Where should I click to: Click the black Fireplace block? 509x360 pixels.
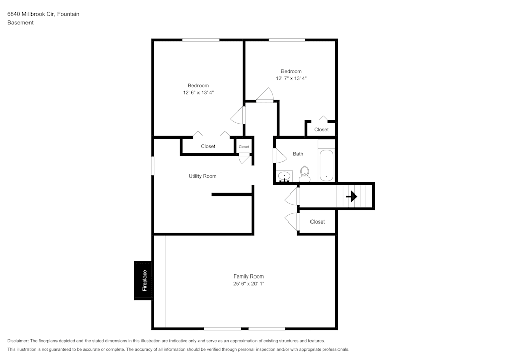143,281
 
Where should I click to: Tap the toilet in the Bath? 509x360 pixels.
305,174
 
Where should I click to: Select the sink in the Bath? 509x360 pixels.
284,176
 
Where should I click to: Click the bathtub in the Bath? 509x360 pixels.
326,165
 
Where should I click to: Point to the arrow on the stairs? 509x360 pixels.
351,196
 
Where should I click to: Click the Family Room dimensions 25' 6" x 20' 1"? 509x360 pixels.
248,284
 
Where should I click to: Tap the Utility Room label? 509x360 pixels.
203,176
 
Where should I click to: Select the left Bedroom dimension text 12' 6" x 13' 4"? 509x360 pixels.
199,93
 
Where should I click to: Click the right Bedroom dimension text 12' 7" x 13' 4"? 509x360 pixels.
291,78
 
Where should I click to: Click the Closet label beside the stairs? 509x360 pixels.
317,222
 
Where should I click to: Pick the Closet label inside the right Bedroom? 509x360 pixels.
321,130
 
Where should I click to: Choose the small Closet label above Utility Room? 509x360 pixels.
244,147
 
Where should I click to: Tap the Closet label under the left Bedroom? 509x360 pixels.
208,146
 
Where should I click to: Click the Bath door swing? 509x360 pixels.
279,155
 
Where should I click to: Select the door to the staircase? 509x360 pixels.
292,196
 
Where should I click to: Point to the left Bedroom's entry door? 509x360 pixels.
238,116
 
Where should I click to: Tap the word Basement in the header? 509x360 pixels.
20,23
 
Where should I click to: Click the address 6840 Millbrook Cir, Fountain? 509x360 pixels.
43,14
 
